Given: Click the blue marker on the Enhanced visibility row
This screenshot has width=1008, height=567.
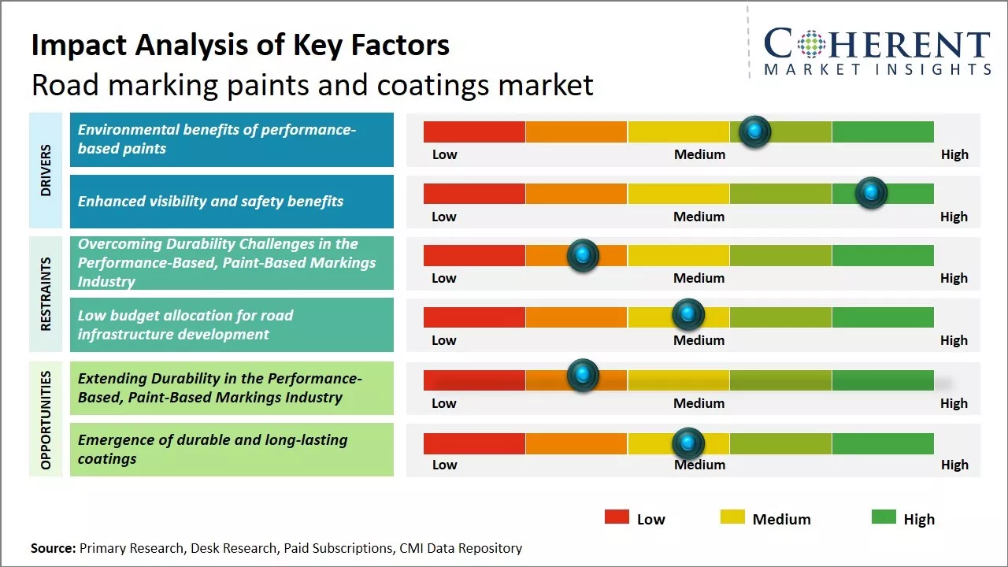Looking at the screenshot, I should coord(871,193).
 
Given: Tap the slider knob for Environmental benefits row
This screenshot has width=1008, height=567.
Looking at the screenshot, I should coord(755,132).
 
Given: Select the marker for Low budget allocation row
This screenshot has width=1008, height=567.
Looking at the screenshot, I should coord(688,315).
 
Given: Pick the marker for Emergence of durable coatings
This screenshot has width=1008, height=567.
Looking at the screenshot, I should coord(688,443).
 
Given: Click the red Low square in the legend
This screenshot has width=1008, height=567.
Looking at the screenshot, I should coord(617,517).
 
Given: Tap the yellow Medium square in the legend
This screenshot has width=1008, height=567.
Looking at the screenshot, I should coord(732,517).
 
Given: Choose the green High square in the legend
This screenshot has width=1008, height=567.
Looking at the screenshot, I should coord(884,517).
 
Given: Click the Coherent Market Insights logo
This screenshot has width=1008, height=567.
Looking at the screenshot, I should coord(876,51).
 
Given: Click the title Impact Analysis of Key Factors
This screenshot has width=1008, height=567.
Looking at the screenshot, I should coord(240,46).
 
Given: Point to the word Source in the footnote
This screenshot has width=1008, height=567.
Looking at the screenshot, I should coord(53,548).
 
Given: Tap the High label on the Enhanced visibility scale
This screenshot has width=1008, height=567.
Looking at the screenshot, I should coord(954,217).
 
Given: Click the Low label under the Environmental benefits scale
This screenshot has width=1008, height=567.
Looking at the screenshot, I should coord(444,154).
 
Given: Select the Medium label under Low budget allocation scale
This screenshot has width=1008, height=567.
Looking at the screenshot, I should coord(699,340).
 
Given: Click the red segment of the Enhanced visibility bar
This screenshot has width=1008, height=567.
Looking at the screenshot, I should coord(474,194).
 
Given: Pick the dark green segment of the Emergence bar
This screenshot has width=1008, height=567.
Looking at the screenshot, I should coord(882,444).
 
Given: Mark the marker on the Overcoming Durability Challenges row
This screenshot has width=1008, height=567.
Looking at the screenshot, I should coord(583,255).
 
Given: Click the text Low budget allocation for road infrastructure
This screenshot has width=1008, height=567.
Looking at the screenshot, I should coord(185,324).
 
